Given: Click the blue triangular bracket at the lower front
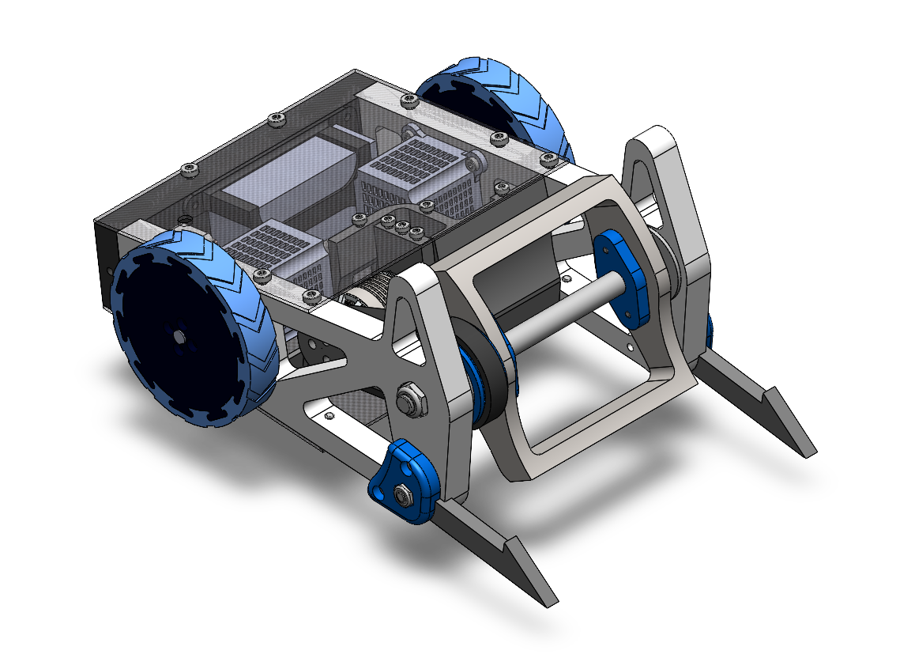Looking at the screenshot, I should (x=403, y=482).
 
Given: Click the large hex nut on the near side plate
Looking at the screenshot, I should (x=410, y=398).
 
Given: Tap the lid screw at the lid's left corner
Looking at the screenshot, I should (x=188, y=168).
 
